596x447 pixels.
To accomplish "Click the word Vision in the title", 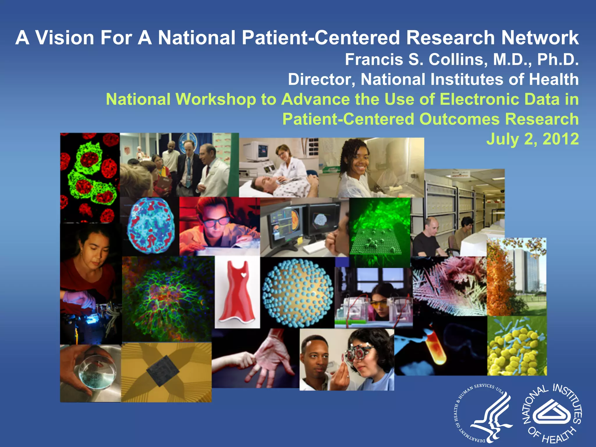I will click(65, 38).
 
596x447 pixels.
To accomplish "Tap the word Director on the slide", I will click(322, 79).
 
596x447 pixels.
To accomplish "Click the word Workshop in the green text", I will click(216, 99).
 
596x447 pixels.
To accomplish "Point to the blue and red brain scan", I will click(151, 226).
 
